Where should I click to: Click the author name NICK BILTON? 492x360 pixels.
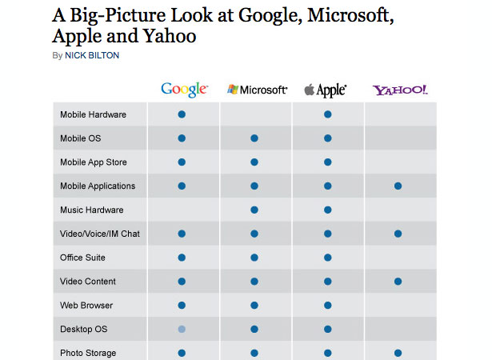92,55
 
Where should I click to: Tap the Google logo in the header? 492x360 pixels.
184,90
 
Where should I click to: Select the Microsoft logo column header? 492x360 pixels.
258,90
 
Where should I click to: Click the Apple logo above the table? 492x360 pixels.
326,90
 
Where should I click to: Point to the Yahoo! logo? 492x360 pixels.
400,90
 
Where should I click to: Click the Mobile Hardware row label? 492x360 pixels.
93,114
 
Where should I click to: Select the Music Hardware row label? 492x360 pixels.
92,210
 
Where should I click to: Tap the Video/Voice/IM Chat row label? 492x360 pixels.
100,234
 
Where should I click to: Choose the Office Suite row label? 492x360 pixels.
82,258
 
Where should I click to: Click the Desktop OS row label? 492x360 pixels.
83,330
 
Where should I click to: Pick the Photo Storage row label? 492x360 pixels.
88,353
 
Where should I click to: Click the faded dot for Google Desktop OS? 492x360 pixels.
182,330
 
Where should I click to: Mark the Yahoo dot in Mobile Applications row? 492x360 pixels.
398,186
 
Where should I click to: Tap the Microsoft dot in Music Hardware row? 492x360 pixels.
254,210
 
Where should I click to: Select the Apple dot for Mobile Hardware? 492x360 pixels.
328,114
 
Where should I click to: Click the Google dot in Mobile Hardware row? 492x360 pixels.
182,114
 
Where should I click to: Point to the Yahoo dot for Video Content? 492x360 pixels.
398,282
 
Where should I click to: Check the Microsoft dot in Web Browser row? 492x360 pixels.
254,306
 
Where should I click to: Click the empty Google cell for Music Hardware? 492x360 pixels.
183,210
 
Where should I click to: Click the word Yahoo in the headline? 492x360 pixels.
170,36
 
